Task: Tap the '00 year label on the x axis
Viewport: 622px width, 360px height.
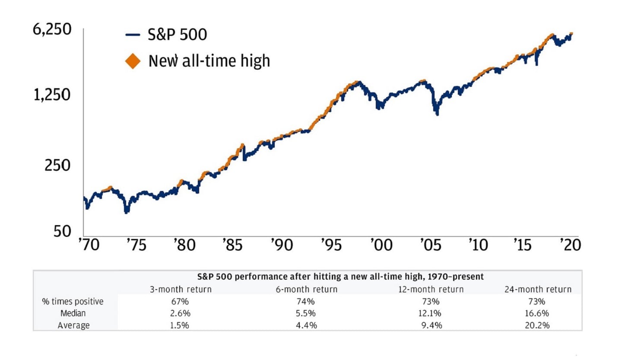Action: pyautogui.click(x=381, y=245)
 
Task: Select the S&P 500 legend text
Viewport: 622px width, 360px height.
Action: pyautogui.click(x=178, y=35)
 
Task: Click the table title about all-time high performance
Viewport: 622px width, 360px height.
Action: pyautogui.click(x=341, y=276)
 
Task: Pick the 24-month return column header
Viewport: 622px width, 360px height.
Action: pyautogui.click(x=538, y=289)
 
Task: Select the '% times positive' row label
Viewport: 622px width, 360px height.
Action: pyautogui.click(x=73, y=302)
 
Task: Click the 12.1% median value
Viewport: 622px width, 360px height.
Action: pyautogui.click(x=430, y=313)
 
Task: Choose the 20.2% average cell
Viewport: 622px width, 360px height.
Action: pyautogui.click(x=538, y=325)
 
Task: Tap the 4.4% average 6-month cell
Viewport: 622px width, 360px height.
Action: pyautogui.click(x=306, y=325)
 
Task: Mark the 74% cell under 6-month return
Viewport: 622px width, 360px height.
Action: pyautogui.click(x=306, y=302)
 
